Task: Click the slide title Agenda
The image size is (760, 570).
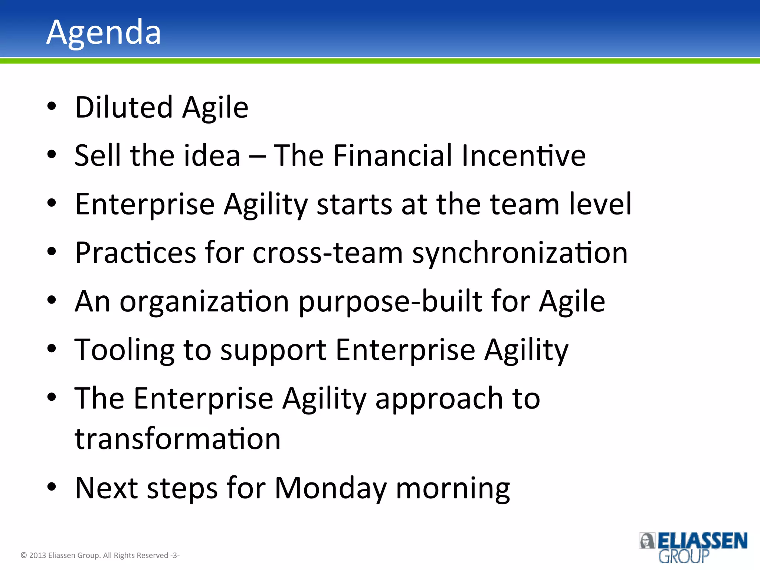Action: pyautogui.click(x=104, y=33)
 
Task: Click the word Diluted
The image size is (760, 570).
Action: pyautogui.click(x=124, y=107)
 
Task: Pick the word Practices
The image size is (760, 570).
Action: pyautogui.click(x=135, y=253)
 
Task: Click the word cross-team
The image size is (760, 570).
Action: pyautogui.click(x=328, y=253)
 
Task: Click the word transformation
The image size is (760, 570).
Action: pyautogui.click(x=177, y=439)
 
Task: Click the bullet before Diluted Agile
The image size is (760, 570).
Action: pyautogui.click(x=52, y=106)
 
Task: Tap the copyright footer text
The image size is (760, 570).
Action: pyautogui.click(x=100, y=555)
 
